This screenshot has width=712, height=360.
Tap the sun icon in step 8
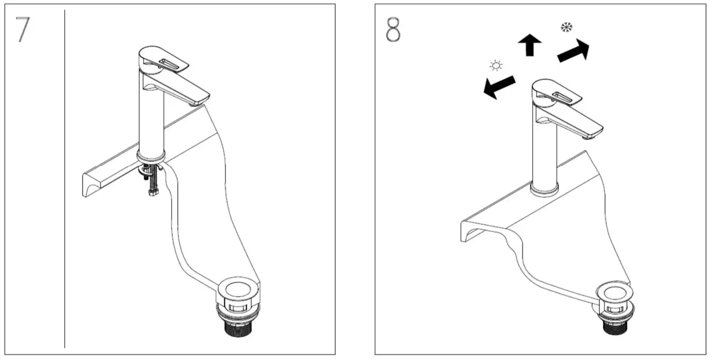click(x=496, y=67)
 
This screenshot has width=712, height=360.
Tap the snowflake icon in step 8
click(x=565, y=27)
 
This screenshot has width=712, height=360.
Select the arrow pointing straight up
click(x=530, y=45)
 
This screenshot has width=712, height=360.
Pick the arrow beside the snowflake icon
click(x=574, y=51)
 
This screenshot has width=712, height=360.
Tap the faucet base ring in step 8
click(x=544, y=190)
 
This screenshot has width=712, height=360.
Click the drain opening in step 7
click(x=237, y=288)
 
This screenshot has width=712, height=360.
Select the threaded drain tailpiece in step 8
click(x=617, y=328)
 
